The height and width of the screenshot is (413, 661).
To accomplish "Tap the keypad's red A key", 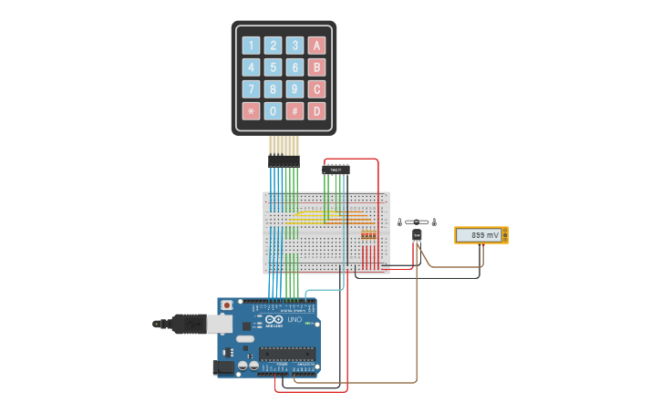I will pos(316,46).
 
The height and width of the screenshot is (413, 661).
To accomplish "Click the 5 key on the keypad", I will pos(273,67).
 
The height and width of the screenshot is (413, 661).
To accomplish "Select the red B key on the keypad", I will pos(316,67).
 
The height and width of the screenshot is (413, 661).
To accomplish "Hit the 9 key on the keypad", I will pos(294,89).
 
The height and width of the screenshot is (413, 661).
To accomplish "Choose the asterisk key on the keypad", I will pos(251,111).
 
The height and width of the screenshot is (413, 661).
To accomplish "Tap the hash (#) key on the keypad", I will pos(294,111).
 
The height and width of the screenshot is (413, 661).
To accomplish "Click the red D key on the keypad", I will pos(316,111).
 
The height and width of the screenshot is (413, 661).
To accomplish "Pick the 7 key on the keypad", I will pos(251,89).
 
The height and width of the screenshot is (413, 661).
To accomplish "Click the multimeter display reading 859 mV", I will pos(480,235).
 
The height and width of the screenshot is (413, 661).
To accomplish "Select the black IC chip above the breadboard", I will pos(336,169).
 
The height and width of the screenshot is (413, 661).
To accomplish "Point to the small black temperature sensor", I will pos(417,235).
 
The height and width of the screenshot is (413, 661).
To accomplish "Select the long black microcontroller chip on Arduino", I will pos(287,354).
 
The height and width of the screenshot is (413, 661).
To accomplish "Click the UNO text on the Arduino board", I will pos(294,320).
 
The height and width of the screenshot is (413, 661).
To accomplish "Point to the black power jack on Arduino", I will pos(222,367).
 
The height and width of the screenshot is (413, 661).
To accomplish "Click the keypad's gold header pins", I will pos(284,145).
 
